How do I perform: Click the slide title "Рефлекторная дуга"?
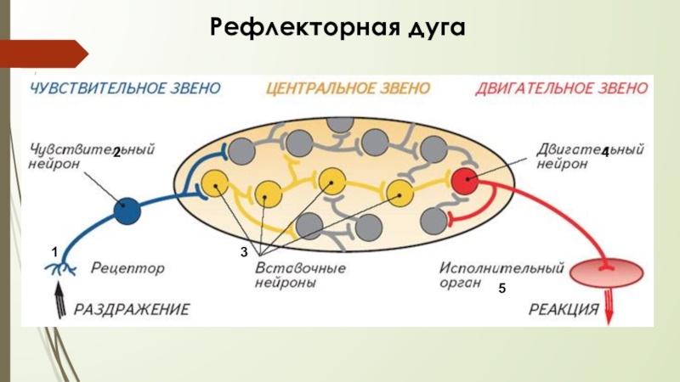[338, 27]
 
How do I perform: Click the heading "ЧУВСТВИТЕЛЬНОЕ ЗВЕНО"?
[126, 88]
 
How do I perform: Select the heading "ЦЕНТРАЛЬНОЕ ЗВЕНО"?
[348, 88]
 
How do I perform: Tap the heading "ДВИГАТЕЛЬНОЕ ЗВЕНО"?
[563, 88]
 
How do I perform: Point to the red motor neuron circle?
[465, 181]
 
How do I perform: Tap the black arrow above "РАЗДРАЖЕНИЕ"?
[59, 298]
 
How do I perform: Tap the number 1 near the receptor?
[54, 253]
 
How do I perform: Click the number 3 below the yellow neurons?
[243, 253]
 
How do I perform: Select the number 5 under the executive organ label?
[502, 289]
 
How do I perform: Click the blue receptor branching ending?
[59, 270]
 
